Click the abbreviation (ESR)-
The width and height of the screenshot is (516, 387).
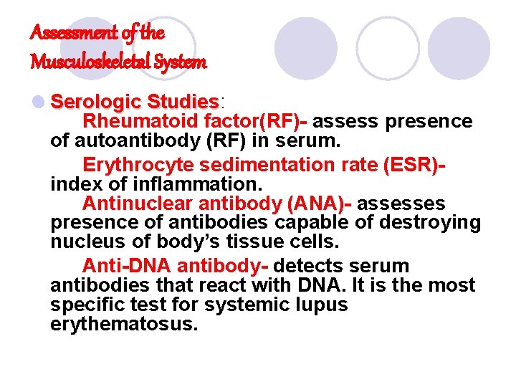[x=415, y=165]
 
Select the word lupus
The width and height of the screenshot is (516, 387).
[x=320, y=305]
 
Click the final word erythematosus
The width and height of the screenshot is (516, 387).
[x=123, y=323]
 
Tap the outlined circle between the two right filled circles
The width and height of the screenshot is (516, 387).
[x=388, y=49]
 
